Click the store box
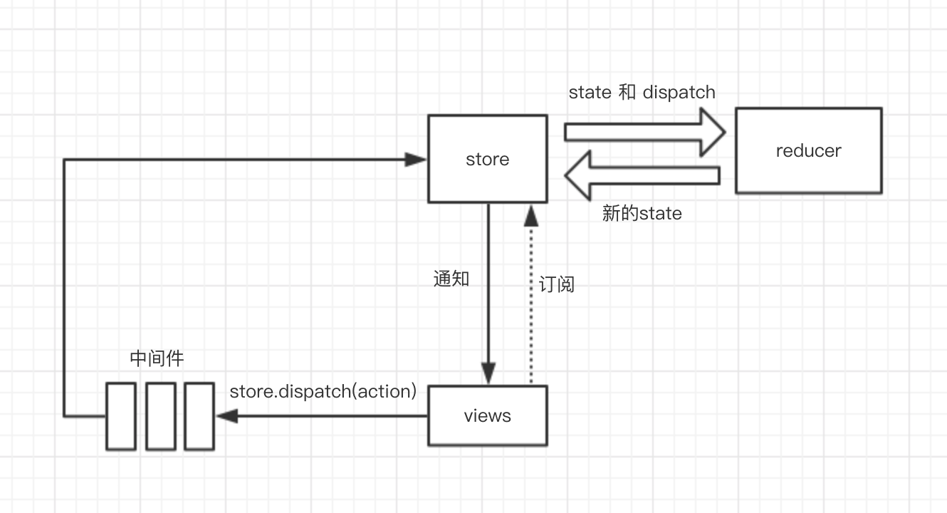(x=487, y=159)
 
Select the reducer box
(x=808, y=150)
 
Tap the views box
(x=487, y=415)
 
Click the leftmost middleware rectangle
(x=121, y=416)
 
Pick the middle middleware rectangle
(x=161, y=416)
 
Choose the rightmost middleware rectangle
(x=199, y=416)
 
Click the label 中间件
(x=157, y=358)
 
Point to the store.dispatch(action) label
(x=323, y=391)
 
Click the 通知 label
(x=451, y=279)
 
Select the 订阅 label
(x=556, y=284)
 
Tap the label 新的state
(x=642, y=213)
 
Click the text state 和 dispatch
(x=642, y=92)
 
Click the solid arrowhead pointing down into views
(x=488, y=373)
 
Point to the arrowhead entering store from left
(x=415, y=160)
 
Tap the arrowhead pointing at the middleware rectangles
(x=227, y=416)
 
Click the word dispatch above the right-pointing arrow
(x=679, y=92)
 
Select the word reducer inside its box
(x=808, y=150)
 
